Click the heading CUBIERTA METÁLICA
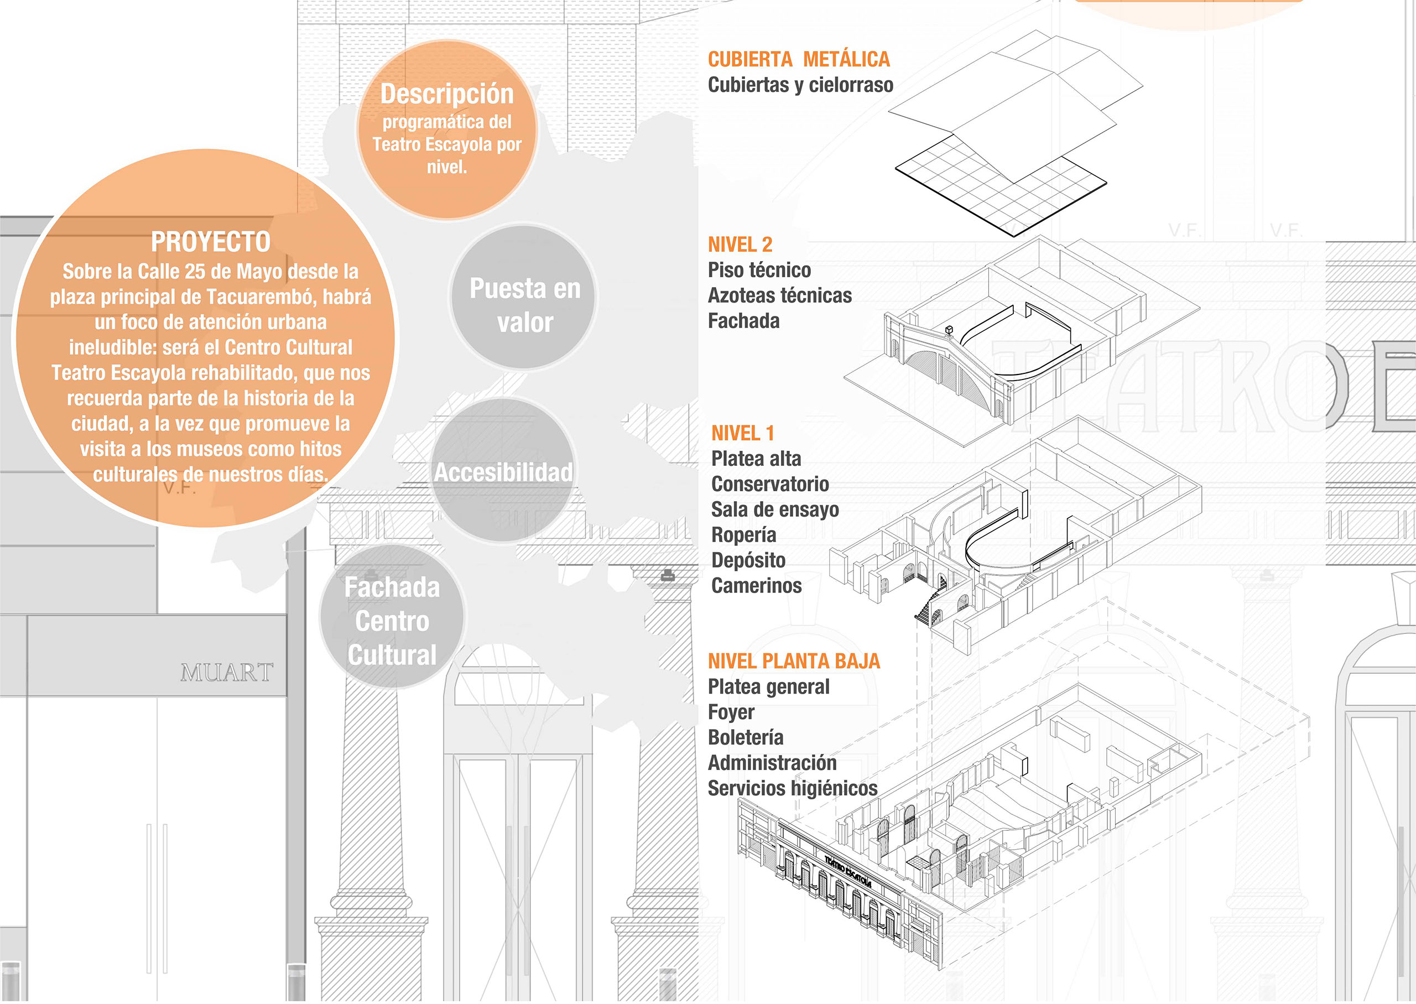(x=799, y=59)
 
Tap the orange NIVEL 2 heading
(x=740, y=245)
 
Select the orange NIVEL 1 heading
(x=742, y=433)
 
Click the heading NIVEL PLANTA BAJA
(x=794, y=662)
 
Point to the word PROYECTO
(x=211, y=242)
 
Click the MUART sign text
(x=227, y=673)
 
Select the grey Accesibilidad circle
(x=503, y=472)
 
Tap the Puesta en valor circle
(x=525, y=305)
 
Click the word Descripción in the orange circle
(x=447, y=94)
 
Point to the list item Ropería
(x=743, y=535)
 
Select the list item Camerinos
(x=757, y=585)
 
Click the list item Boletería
(x=746, y=737)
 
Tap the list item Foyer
(x=731, y=712)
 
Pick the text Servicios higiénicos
(x=793, y=788)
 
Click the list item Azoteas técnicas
(x=779, y=295)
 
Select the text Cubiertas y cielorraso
(x=800, y=85)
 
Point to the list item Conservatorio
(x=770, y=484)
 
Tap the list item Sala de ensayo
(x=775, y=509)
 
